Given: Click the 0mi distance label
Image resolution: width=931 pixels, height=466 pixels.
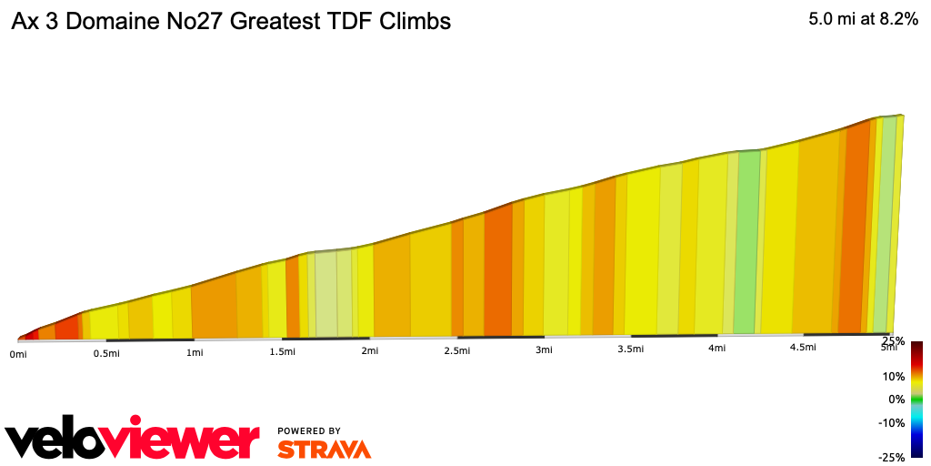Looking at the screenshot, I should coord(18,354).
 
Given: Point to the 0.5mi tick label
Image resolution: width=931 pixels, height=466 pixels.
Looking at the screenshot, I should coord(106,353).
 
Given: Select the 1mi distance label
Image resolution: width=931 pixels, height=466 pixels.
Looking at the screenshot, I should coord(194,352).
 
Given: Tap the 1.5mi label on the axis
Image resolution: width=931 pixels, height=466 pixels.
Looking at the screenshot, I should coord(282,351).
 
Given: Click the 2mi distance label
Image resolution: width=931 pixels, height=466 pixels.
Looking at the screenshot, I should coord(369,350).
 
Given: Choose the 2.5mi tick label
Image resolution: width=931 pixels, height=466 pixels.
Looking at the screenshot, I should coord(456,350).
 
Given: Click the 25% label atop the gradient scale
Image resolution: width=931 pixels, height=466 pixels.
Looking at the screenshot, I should coord(893,341).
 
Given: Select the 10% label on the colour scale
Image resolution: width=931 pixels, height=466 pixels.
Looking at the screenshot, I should coord(895,376).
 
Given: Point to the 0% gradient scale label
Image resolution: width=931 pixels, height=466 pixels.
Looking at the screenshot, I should coord(896,399).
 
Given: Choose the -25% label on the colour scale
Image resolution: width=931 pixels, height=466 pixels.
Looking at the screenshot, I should coord(893,457).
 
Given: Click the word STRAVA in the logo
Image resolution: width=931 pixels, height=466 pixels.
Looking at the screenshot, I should coord(324,450).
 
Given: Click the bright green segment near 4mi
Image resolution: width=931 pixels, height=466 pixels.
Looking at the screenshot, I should coord(747,241).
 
